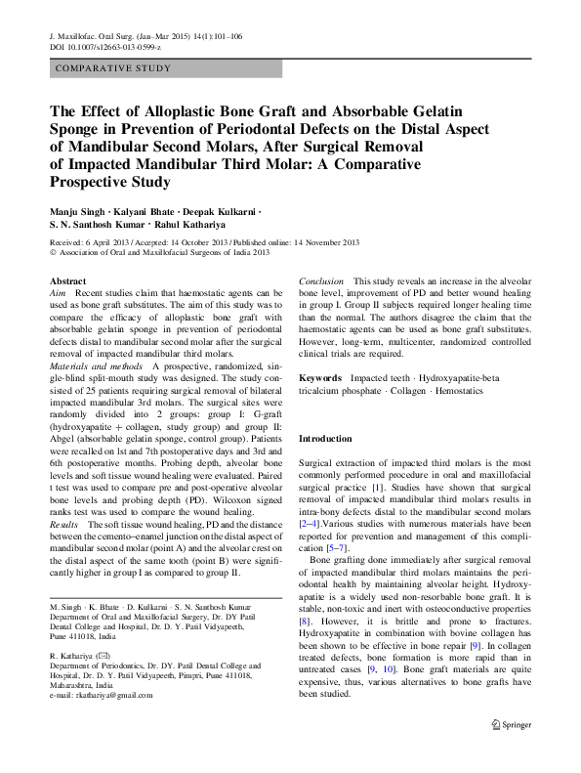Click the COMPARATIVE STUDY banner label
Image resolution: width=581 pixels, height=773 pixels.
114,68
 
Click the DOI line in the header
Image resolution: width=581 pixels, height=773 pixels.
104,47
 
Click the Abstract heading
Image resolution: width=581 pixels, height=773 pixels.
67,281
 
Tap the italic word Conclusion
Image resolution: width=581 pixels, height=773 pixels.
321,281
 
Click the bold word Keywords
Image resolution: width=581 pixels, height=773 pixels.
320,377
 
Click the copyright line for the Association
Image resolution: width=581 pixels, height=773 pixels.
158,252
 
